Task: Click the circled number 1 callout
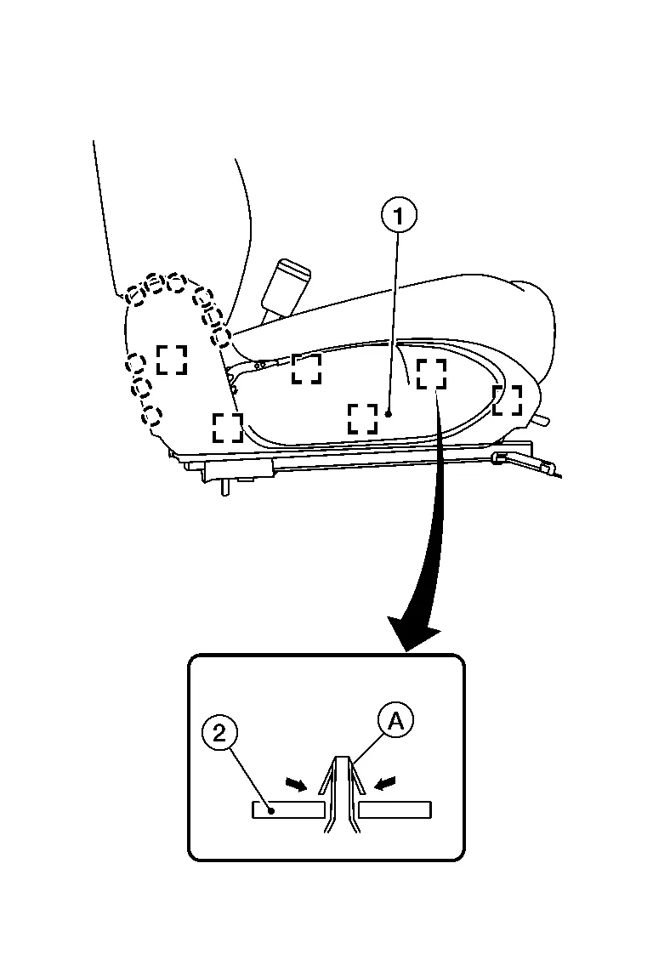click(400, 216)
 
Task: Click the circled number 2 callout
click(219, 732)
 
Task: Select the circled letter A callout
click(395, 721)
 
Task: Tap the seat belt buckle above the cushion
click(286, 285)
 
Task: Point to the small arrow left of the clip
click(297, 784)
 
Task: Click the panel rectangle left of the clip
click(288, 809)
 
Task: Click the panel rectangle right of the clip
click(395, 809)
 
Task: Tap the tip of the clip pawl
click(342, 758)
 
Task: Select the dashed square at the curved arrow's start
click(431, 373)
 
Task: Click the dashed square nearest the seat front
click(507, 400)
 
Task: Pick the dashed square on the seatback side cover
click(172, 360)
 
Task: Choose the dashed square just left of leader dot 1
click(363, 418)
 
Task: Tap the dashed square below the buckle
click(306, 369)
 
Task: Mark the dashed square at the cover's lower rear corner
click(228, 427)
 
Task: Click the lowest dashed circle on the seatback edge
click(151, 416)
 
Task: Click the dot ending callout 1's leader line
click(389, 414)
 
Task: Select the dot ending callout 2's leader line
click(273, 809)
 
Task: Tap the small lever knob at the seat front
click(541, 420)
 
